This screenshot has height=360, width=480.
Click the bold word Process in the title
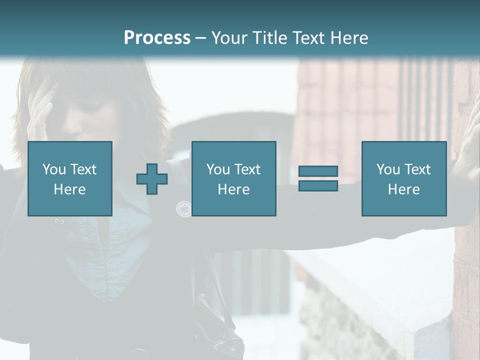coord(157,38)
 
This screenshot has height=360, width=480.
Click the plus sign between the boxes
coord(152,179)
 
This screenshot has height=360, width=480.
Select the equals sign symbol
coord(318,178)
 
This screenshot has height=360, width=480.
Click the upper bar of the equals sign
coord(318,171)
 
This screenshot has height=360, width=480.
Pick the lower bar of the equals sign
coord(318,185)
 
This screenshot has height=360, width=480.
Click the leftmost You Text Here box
coord(70,178)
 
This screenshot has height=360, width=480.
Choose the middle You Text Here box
coord(233,178)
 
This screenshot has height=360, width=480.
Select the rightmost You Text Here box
coord(403,178)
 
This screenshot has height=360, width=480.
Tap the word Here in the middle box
coord(233,189)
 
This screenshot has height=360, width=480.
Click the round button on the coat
coord(184,208)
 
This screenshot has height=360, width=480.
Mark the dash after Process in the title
coord(200,38)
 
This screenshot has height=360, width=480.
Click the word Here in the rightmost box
coord(403,189)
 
